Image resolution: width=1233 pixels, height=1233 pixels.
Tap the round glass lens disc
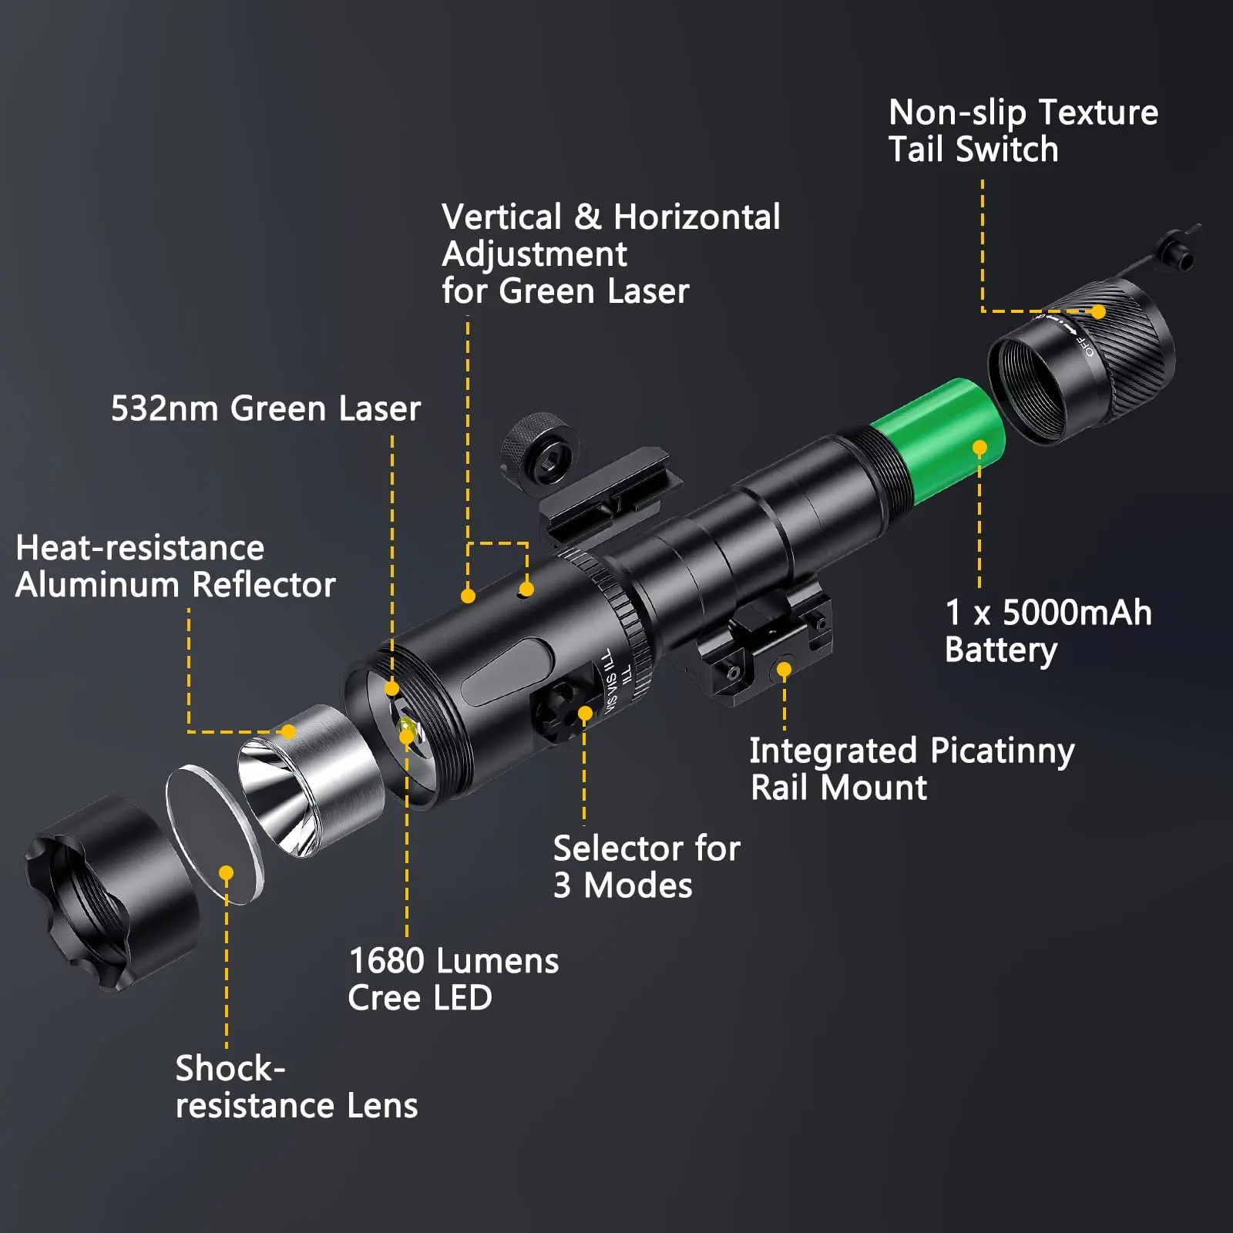click(214, 834)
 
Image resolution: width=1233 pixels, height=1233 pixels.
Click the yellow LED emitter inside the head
click(407, 727)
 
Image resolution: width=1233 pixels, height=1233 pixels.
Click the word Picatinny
click(1002, 751)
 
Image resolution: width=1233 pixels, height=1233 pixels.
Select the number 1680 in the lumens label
click(387, 961)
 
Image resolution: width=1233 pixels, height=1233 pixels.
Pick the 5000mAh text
click(1077, 613)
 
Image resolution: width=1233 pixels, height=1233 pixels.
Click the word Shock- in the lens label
click(230, 1069)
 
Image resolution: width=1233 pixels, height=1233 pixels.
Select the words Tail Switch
click(973, 150)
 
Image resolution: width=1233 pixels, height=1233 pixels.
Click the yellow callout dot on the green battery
click(979, 448)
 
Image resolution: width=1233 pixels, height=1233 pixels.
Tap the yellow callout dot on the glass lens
click(226, 873)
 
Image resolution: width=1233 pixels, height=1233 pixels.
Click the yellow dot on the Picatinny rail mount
click(784, 670)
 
